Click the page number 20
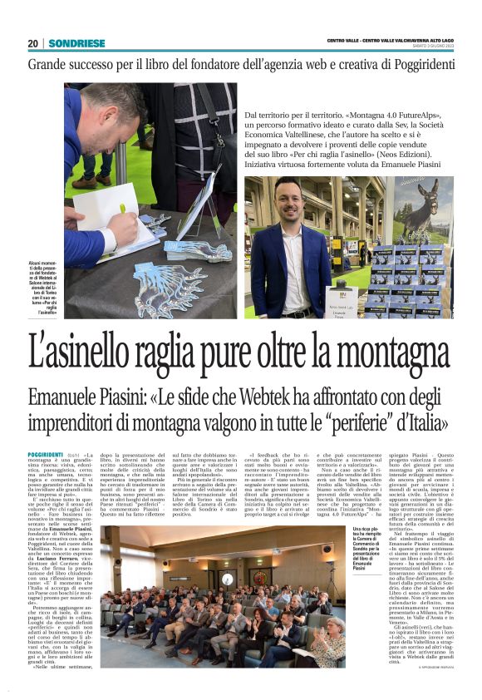click(x=33, y=43)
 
